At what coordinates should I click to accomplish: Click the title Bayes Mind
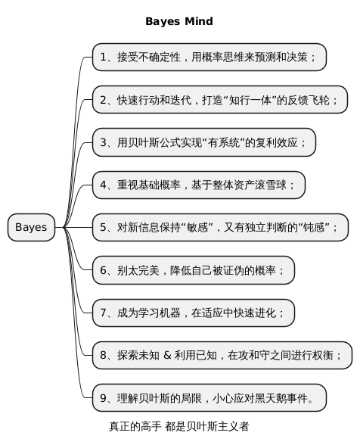pyautogui.click(x=179, y=21)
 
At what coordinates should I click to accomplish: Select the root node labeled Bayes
pyautogui.click(x=31, y=227)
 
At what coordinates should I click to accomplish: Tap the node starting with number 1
pyautogui.click(x=209, y=57)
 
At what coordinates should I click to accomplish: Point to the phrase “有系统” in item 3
pyautogui.click(x=224, y=142)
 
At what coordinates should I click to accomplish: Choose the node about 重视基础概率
pyautogui.click(x=199, y=185)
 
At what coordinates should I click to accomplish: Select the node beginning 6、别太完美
pyautogui.click(x=194, y=270)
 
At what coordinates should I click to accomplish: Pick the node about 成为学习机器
pyautogui.click(x=194, y=313)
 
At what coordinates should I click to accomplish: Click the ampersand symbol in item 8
pyautogui.click(x=167, y=355)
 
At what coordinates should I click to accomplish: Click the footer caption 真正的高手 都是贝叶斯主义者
pyautogui.click(x=179, y=427)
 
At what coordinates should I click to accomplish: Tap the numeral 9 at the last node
pyautogui.click(x=103, y=398)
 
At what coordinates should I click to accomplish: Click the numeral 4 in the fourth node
pyautogui.click(x=103, y=185)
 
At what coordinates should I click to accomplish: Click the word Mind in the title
pyautogui.click(x=199, y=21)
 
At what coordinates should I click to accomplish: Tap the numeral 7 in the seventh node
pyautogui.click(x=103, y=313)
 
